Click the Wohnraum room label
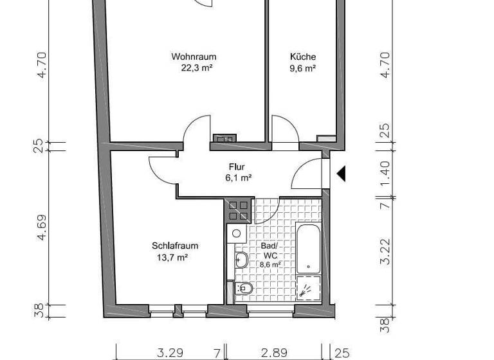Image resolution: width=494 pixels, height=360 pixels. pos(192,57)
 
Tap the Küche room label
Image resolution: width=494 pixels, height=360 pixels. pos(302,57)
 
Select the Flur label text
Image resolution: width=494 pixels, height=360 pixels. pos(237,167)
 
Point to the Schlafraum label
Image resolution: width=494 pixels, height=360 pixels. pos(174,246)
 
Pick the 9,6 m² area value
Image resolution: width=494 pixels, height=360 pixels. pos(302,68)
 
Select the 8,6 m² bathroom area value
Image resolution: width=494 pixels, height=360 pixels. pos(270,264)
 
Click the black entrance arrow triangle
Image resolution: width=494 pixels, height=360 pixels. pos(341,172)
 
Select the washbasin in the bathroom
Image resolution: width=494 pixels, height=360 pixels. pos(242,260)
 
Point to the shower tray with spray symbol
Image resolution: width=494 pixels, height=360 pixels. pos(307,288)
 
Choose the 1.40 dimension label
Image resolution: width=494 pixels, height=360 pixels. pos(385,172)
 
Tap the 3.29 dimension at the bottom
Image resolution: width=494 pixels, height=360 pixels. pos(170,352)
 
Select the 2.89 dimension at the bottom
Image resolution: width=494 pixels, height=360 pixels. pos(273,352)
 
